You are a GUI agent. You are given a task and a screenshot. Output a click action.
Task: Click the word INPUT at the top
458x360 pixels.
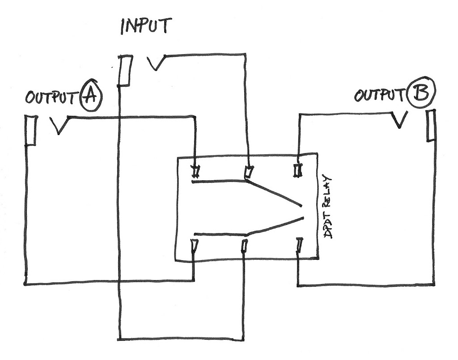pos(146,26)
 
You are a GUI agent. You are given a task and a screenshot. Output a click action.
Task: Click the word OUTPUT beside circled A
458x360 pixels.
pos(51,97)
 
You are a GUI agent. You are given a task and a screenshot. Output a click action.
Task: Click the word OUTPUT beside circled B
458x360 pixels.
pos(380,95)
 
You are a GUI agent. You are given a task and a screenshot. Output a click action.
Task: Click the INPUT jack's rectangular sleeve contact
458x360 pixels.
pos(125,70)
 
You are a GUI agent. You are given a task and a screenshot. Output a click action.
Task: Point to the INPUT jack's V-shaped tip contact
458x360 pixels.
pos(157,63)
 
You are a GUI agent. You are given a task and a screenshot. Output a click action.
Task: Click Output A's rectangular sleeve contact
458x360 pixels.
pos(30,130)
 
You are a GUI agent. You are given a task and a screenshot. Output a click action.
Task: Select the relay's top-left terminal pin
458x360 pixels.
pos(195,171)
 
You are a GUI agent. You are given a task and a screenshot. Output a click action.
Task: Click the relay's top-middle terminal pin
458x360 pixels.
pos(248,172)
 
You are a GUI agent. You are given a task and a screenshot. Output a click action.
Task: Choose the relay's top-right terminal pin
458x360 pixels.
pos(298,170)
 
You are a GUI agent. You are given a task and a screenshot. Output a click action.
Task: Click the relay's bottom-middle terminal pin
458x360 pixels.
pos(244,246)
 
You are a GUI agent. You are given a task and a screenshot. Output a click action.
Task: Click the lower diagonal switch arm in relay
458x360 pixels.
pos(276,226)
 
